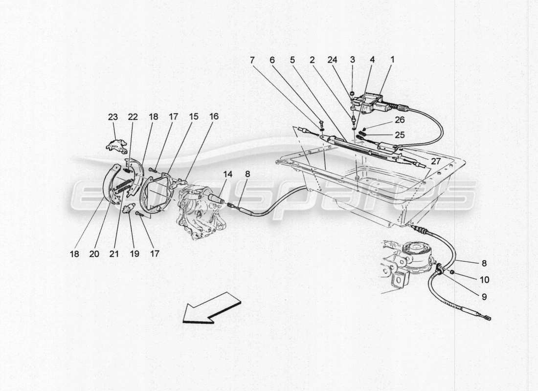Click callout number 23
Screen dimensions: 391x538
pyautogui.click(x=113, y=117)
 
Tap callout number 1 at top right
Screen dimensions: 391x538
pyautogui.click(x=392, y=60)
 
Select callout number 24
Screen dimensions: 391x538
pyautogui.click(x=333, y=60)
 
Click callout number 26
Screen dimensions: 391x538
pyautogui.click(x=400, y=120)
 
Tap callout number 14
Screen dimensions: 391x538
pyautogui.click(x=228, y=174)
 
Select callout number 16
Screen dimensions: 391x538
pyautogui.click(x=214, y=117)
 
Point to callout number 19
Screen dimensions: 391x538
pyautogui.click(x=134, y=254)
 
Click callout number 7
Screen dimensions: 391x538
pyautogui.click(x=252, y=60)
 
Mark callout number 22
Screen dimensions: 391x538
pyautogui.click(x=133, y=117)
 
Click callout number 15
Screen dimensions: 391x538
pyautogui.click(x=194, y=117)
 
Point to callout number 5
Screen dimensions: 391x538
pyautogui.click(x=292, y=60)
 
